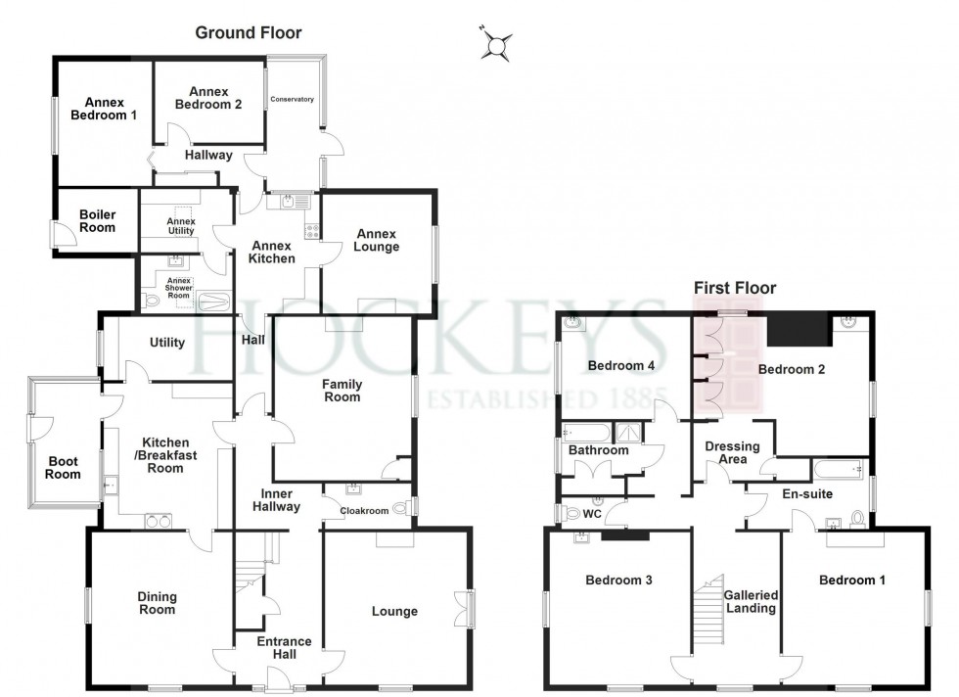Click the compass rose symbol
[x=497, y=44]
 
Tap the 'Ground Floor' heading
[x=248, y=33]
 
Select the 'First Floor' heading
[x=734, y=288]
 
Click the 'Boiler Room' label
[x=97, y=220]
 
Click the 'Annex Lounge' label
[x=377, y=241]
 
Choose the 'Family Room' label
[x=342, y=391]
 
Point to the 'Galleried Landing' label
[x=751, y=601]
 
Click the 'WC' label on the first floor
[x=591, y=513]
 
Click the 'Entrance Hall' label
[x=284, y=649]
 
